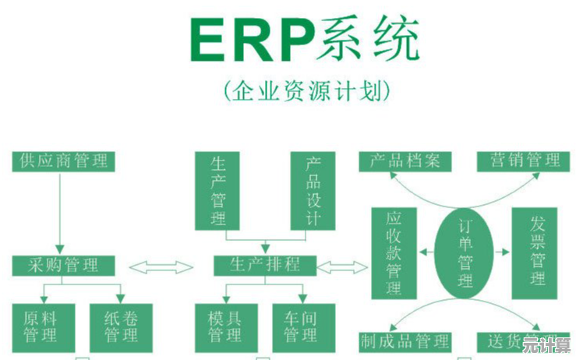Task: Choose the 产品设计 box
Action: click(312, 190)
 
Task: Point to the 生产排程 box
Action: click(266, 266)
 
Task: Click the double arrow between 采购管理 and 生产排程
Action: click(161, 267)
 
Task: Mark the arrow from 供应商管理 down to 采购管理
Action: click(60, 210)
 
